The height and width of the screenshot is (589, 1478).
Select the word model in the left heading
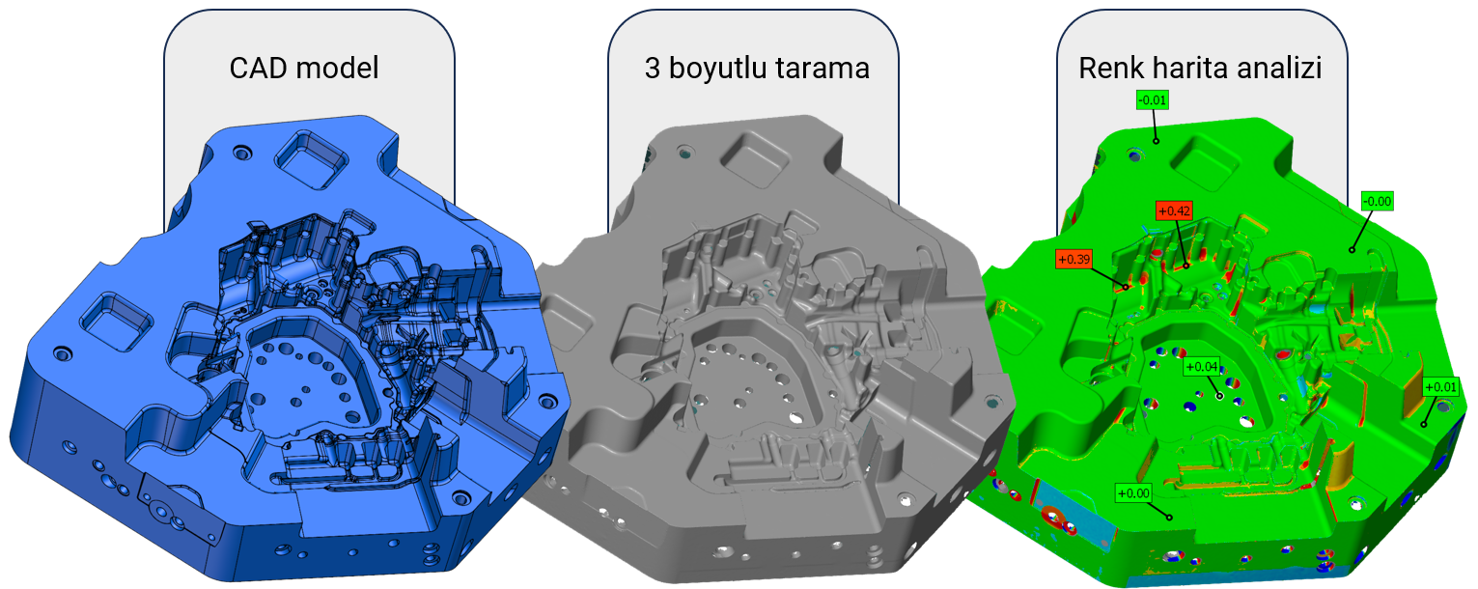[337, 68]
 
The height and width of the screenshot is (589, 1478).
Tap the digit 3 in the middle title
[652, 69]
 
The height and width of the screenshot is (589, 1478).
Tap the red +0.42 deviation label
[1174, 210]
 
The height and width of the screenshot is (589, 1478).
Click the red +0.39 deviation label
[1074, 259]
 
